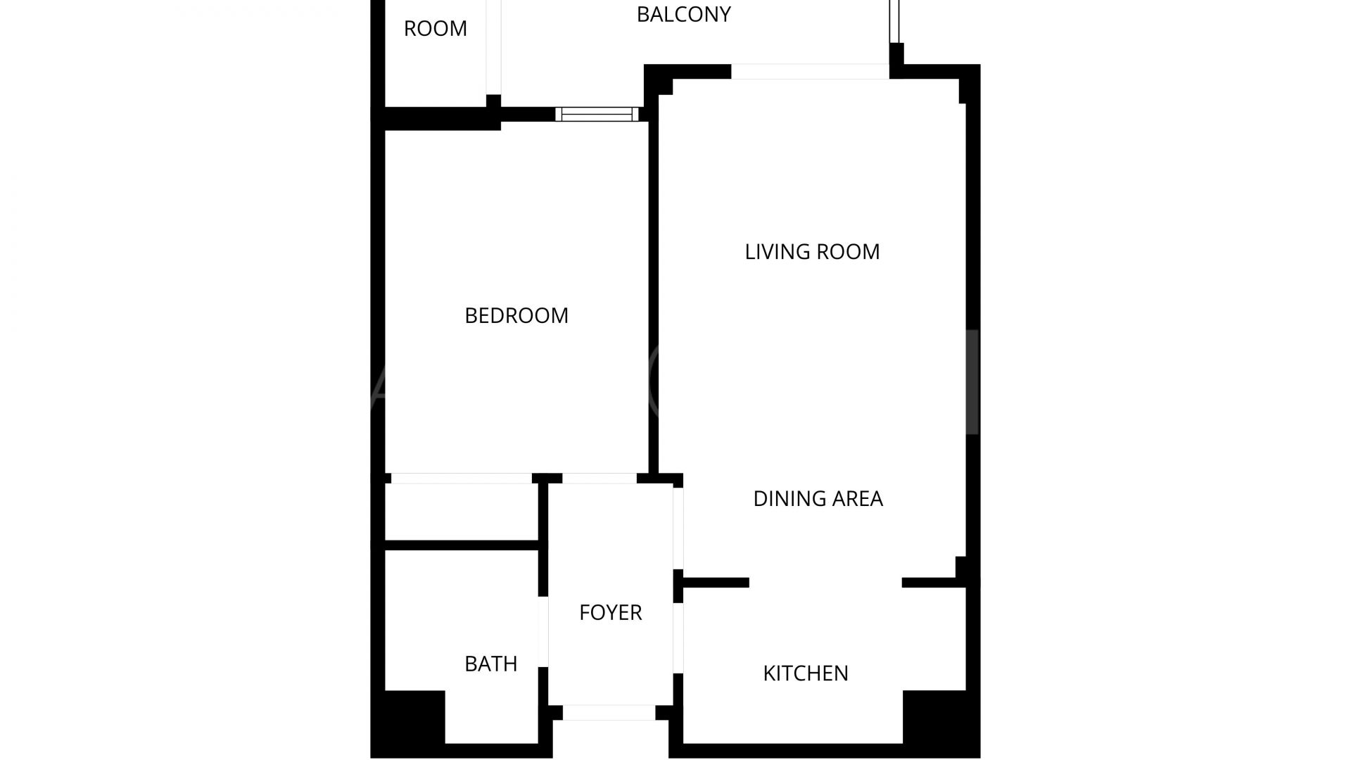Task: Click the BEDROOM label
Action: (x=516, y=315)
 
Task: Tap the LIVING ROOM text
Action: (x=812, y=252)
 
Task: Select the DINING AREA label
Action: (x=818, y=498)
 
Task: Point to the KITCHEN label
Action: (x=806, y=673)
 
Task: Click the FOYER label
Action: (x=611, y=612)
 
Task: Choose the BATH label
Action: (x=491, y=664)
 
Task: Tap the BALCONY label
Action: (x=684, y=14)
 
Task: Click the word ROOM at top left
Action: (x=436, y=28)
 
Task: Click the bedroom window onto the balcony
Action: (x=597, y=114)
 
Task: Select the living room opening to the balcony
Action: (x=810, y=71)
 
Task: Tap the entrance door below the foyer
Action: (x=609, y=713)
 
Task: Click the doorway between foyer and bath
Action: (x=543, y=631)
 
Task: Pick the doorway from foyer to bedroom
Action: (x=600, y=479)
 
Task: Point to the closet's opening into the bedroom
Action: (x=462, y=479)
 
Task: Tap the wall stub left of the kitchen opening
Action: (x=716, y=583)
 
